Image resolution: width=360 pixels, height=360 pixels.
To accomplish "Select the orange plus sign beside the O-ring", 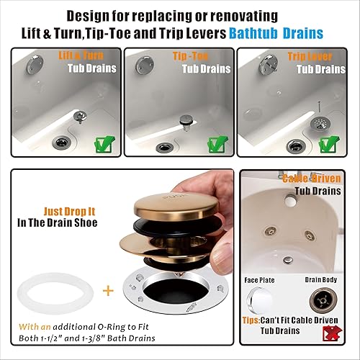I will (109, 292).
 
